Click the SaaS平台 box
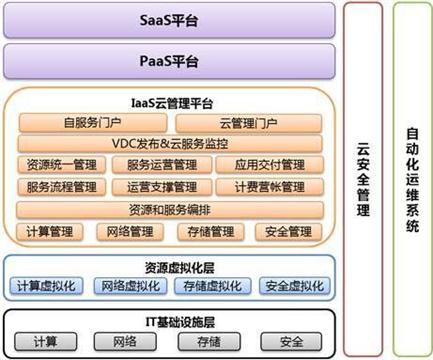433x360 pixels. coord(169,20)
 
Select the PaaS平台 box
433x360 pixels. coord(169,61)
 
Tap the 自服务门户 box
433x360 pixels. coord(93,123)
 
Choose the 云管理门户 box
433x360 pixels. coord(249,123)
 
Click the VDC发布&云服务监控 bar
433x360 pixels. coord(170,144)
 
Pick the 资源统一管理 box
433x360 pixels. coord(62,165)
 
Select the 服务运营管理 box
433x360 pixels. coord(162,165)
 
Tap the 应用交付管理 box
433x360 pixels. coord(270,165)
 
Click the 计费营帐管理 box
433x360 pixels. coord(270,187)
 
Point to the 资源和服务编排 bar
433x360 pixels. coord(170,210)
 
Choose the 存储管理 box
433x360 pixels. coord(211,232)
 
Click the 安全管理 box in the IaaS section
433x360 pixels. coord(289,232)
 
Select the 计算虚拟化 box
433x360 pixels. coord(46,286)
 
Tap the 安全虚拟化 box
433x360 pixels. coord(295,286)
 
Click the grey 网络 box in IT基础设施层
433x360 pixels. coord(125,342)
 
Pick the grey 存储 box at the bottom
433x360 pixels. coord(209,342)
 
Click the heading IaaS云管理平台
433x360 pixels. coord(172,103)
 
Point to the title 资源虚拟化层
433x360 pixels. coord(179,268)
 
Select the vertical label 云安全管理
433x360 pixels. coord(363,179)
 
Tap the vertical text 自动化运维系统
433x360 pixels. coord(413,180)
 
